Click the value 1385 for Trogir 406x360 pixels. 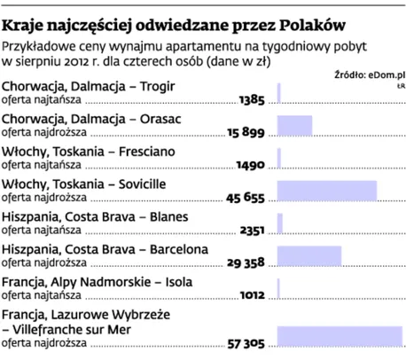[252, 99]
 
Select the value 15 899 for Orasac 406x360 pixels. [246, 132]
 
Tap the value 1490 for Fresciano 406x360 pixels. [251, 165]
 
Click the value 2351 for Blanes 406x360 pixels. [252, 230]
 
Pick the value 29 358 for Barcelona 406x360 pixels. [246, 262]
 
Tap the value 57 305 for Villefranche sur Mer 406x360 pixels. [246, 342]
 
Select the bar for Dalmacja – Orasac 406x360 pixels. [294, 125]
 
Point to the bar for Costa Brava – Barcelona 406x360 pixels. [309, 255]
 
